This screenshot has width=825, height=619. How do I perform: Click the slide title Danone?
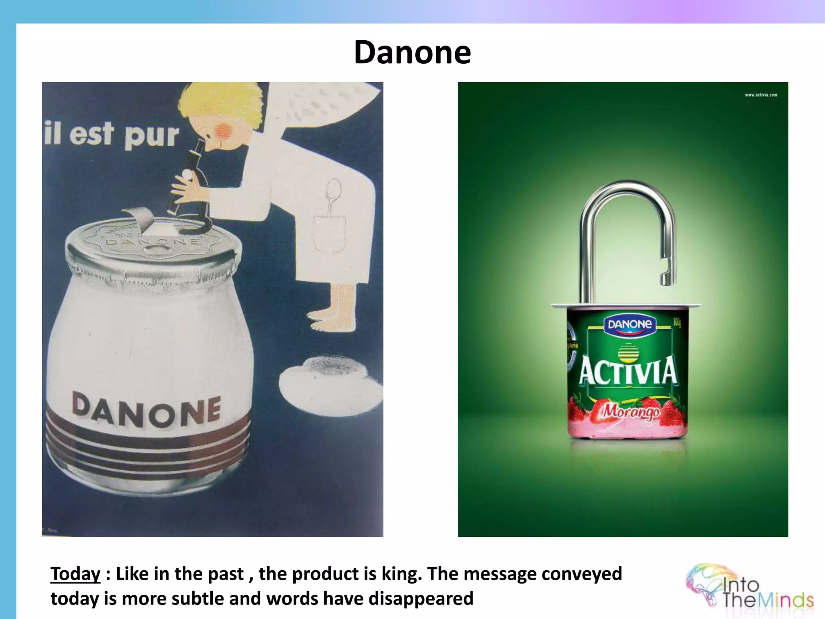[x=412, y=52]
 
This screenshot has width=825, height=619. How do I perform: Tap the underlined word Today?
[x=75, y=574]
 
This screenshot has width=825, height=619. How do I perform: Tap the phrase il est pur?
[x=111, y=134]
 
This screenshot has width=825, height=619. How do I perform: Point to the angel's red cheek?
[x=224, y=130]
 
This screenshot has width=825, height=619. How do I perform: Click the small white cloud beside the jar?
[x=330, y=379]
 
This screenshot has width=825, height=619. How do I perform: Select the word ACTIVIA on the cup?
[x=628, y=371]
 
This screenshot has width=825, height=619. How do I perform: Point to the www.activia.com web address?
[x=761, y=95]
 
